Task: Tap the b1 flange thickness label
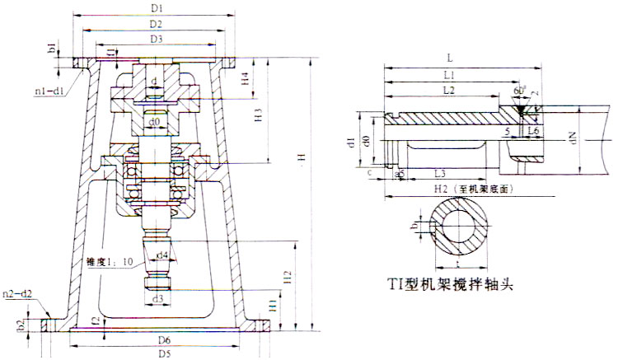(x=51, y=49)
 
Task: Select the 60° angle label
(x=517, y=89)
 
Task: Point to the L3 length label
(x=441, y=175)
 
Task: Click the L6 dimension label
(x=534, y=131)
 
